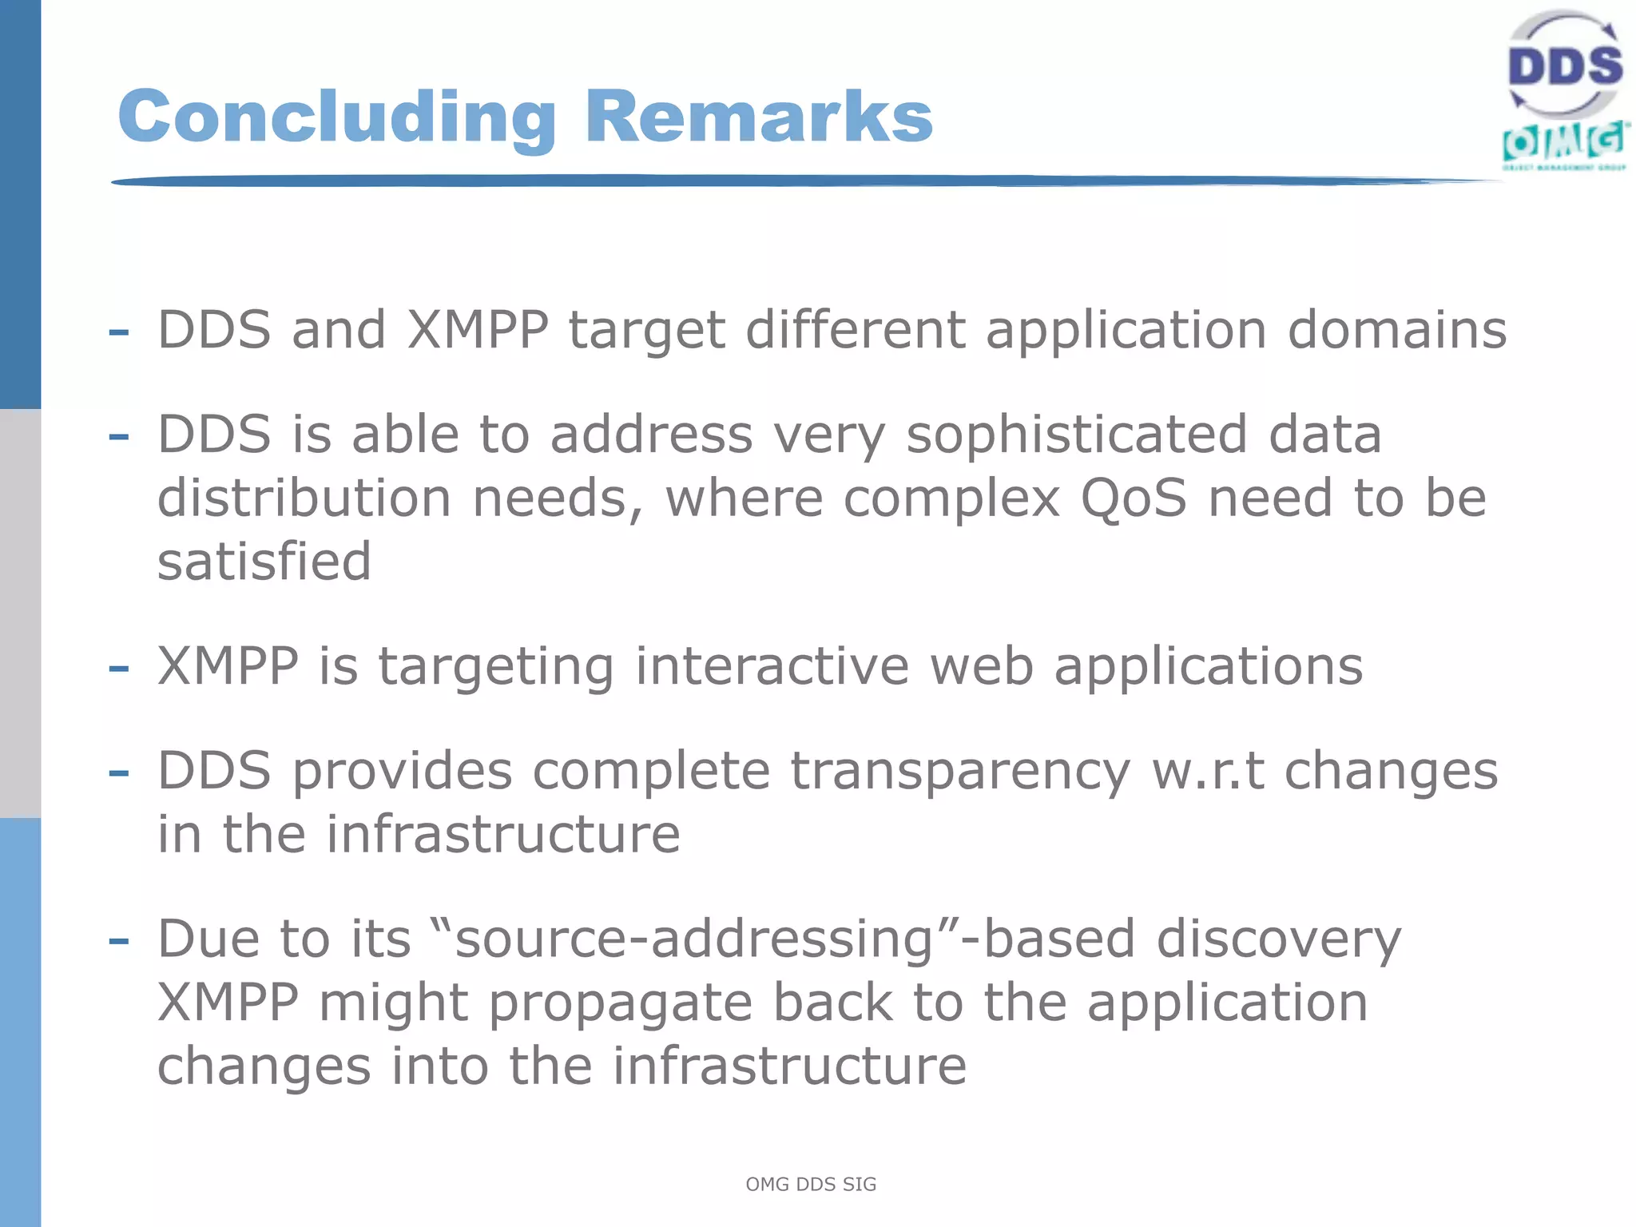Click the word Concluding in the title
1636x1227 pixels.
pyautogui.click(x=336, y=117)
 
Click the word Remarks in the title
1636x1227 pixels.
pyautogui.click(x=758, y=117)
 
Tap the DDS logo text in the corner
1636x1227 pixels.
pyautogui.click(x=1565, y=66)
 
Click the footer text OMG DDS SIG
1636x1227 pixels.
pyautogui.click(x=811, y=1185)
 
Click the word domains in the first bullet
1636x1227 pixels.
pyautogui.click(x=1397, y=330)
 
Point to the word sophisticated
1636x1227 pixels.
pyautogui.click(x=1076, y=435)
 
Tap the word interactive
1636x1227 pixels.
pyautogui.click(x=772, y=666)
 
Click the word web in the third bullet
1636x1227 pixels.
pyautogui.click(x=982, y=666)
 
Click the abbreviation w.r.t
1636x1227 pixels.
pyautogui.click(x=1208, y=772)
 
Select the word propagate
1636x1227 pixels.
pyautogui.click(x=620, y=1004)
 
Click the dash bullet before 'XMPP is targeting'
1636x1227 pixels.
pyautogui.click(x=118, y=668)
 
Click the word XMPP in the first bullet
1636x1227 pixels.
pyautogui.click(x=478, y=330)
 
